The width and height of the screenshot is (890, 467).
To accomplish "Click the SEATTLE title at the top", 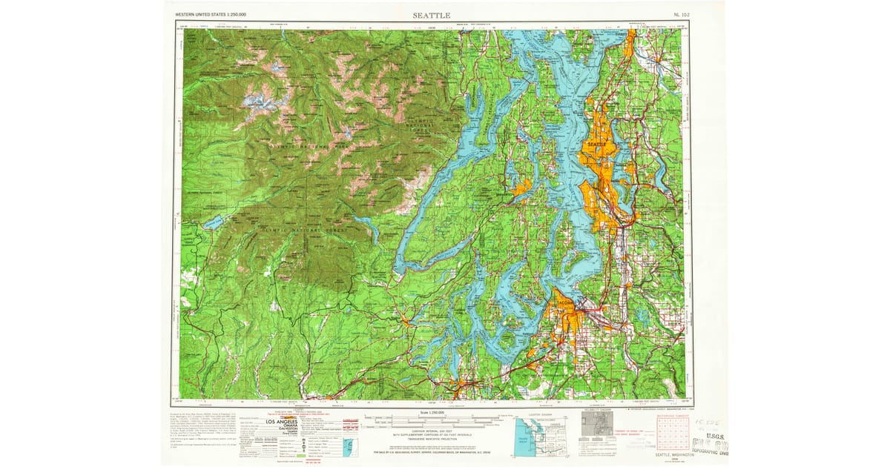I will pyautogui.click(x=431, y=15).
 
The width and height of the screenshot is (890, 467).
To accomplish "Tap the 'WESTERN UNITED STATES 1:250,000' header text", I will pyautogui.click(x=210, y=15).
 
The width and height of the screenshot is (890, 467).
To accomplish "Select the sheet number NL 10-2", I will pyautogui.click(x=681, y=15).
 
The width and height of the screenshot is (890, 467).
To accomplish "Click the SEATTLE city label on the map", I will pyautogui.click(x=597, y=143).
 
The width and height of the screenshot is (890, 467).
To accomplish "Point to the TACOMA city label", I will pyautogui.click(x=565, y=302).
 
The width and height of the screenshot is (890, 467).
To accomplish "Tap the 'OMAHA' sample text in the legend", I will pyautogui.click(x=283, y=427).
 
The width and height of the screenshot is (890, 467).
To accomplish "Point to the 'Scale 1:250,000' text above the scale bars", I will pyautogui.click(x=431, y=412).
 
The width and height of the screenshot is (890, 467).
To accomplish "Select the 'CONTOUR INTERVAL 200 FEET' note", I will pyautogui.click(x=431, y=431).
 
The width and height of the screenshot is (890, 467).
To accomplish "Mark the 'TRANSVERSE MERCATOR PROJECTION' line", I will pyautogui.click(x=431, y=439).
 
